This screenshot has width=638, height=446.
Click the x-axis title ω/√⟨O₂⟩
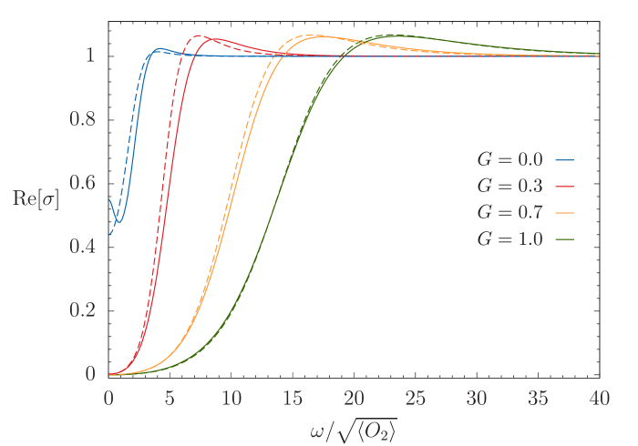click(354, 429)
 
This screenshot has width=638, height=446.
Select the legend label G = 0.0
click(509, 159)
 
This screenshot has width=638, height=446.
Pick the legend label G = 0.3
click(509, 186)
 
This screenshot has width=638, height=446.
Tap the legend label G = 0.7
click(509, 212)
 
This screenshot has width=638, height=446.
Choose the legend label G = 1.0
click(509, 239)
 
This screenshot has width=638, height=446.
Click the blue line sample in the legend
click(564, 159)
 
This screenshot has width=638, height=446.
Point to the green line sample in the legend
click(564, 239)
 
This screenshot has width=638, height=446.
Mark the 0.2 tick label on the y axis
click(84, 309)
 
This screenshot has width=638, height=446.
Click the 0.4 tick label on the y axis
click(84, 246)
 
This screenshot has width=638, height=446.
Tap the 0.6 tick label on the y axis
click(84, 182)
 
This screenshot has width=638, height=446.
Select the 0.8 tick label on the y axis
click(84, 118)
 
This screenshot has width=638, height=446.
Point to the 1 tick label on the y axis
click(89, 55)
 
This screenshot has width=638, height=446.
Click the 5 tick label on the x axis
click(170, 399)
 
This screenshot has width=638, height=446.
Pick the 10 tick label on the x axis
click(232, 399)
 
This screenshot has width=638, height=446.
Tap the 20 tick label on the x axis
click(354, 399)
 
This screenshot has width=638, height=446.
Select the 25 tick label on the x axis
click(416, 399)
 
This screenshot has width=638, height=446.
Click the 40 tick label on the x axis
click(599, 399)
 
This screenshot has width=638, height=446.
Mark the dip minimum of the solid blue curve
click(118, 222)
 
